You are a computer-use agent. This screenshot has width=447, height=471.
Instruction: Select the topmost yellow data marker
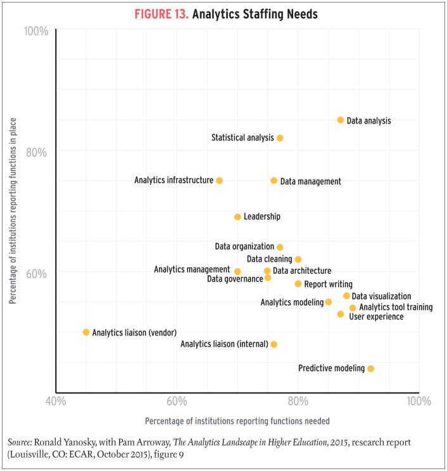point(341,120)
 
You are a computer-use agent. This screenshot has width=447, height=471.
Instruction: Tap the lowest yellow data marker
point(373,373)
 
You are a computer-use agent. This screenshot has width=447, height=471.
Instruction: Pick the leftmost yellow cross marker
point(85,332)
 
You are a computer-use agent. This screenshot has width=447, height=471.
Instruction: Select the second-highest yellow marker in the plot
point(282,136)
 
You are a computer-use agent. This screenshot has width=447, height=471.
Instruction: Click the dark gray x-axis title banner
point(237,419)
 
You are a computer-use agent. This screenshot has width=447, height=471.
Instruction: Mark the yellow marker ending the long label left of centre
point(219,181)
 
